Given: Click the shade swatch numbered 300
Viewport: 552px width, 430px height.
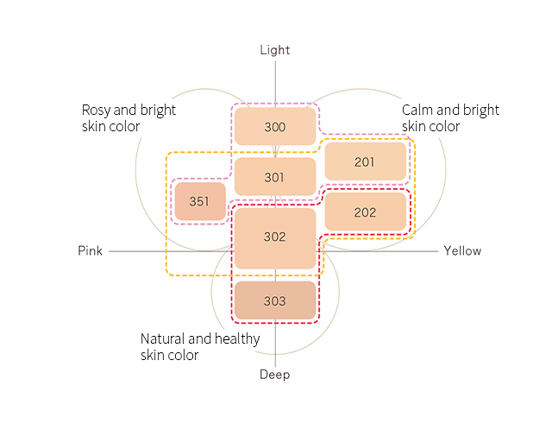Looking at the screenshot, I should (x=274, y=127).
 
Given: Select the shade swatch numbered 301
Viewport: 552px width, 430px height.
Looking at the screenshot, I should (x=274, y=177).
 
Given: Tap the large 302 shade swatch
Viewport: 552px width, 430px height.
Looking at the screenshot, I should (x=274, y=237).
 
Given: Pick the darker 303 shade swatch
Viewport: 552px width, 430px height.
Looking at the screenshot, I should (x=274, y=301).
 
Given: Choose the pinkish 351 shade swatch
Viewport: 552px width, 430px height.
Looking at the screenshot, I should (x=199, y=202).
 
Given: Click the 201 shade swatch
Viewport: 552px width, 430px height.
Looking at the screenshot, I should (x=365, y=161).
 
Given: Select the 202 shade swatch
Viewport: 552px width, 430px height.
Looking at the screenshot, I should (x=365, y=212).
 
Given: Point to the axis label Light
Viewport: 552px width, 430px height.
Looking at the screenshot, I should (x=275, y=50).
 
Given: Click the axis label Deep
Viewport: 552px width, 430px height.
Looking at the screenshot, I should (x=275, y=375).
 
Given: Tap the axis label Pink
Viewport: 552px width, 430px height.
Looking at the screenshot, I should (x=90, y=251).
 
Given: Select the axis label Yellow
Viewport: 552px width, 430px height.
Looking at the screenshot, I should (x=462, y=251).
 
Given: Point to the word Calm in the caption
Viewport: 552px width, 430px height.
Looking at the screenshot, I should (x=417, y=111).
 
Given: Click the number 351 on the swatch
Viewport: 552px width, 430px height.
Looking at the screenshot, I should (x=199, y=202).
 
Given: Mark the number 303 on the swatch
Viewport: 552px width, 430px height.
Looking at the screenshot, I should (x=274, y=301).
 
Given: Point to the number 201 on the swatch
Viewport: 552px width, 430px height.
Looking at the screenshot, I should (x=365, y=161).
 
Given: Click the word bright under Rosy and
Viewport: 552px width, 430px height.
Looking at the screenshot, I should (x=159, y=111).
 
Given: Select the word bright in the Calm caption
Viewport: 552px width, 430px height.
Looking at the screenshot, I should (x=481, y=111).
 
